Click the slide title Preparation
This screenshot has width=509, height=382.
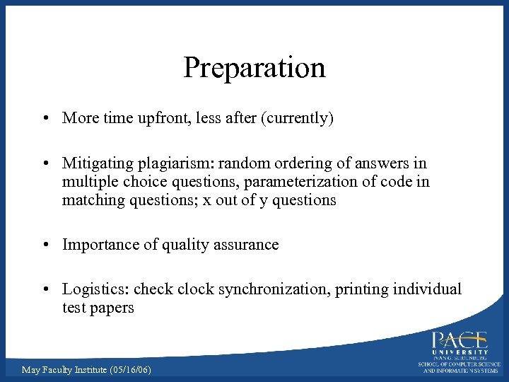255,68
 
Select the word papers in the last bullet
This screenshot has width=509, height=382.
112,308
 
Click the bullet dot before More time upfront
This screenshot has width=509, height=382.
45,119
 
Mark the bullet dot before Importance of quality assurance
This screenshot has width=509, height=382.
45,245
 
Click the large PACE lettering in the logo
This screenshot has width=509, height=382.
460,340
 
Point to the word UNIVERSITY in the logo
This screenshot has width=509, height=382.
460,352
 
